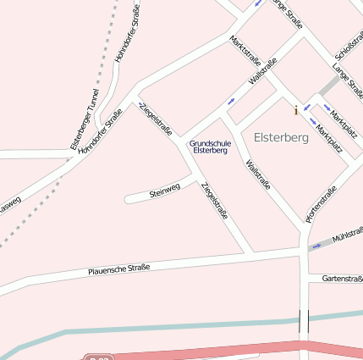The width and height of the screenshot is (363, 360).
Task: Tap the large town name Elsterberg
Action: pyautogui.click(x=281, y=138)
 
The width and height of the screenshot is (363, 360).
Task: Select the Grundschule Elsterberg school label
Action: pyautogui.click(x=209, y=147)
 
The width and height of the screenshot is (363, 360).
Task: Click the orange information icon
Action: pyautogui.click(x=295, y=110)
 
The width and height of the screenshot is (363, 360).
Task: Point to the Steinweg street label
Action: pyautogui.click(x=165, y=192)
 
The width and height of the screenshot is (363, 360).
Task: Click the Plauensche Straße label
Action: pyautogui.click(x=119, y=270)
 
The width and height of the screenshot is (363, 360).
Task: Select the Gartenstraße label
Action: pyautogui.click(x=342, y=279)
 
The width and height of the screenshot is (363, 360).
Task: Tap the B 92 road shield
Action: pyautogui.click(x=99, y=358)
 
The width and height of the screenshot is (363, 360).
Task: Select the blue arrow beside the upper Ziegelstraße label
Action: pyautogui.click(x=141, y=106)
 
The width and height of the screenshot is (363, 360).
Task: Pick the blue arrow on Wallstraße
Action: pyautogui.click(x=231, y=101)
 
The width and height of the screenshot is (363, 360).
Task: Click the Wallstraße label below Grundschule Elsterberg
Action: pyautogui.click(x=257, y=174)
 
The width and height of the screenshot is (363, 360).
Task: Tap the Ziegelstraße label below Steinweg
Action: pyautogui.click(x=215, y=201)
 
